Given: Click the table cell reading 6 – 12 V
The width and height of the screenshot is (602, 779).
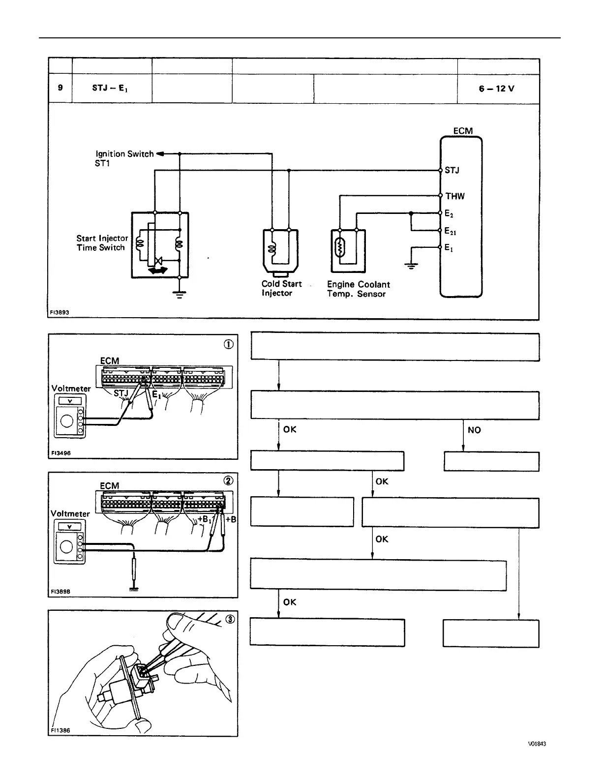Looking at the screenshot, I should (x=497, y=89).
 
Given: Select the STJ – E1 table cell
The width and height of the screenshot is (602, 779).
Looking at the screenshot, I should (x=110, y=89).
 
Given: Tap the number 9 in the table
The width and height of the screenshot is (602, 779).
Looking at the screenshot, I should (x=60, y=88).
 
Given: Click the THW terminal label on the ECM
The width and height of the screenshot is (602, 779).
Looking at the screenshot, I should (x=455, y=196).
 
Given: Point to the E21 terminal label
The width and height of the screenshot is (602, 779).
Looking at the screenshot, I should (x=451, y=231).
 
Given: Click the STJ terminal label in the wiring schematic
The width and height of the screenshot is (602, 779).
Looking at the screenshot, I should (x=452, y=171).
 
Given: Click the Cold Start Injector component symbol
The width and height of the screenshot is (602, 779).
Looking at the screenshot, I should (x=280, y=251).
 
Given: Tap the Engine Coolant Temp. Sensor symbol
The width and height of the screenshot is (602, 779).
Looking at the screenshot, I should (x=348, y=250).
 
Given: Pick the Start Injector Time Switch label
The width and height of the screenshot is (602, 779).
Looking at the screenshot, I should (x=102, y=243).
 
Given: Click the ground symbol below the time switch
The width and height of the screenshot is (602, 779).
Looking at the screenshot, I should (x=180, y=295).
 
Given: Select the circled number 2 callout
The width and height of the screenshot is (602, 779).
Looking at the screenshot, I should (x=229, y=481).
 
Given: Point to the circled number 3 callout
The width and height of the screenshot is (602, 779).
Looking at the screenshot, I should (x=230, y=619).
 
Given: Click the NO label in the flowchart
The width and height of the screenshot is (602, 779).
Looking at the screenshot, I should (x=474, y=430).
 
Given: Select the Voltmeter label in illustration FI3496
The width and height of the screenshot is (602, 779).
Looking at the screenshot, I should (x=71, y=389).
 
